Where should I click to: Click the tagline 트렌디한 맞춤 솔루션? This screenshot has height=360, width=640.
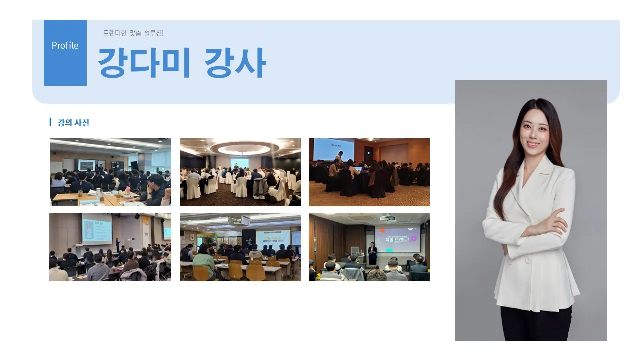[133, 33]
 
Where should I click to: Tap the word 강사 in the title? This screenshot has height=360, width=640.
[235, 63]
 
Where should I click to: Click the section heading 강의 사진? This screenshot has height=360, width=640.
[73, 123]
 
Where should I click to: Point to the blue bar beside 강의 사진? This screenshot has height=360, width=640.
[50, 122]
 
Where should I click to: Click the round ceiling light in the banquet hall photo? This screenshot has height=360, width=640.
[244, 148]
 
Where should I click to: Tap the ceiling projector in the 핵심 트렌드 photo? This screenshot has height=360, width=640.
[388, 218]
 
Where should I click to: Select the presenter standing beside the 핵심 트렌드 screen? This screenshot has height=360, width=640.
[372, 253]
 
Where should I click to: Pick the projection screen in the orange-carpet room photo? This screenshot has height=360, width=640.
[333, 149]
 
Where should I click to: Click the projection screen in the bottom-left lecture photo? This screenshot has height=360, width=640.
[97, 229]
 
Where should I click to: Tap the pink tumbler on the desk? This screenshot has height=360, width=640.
[129, 192]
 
